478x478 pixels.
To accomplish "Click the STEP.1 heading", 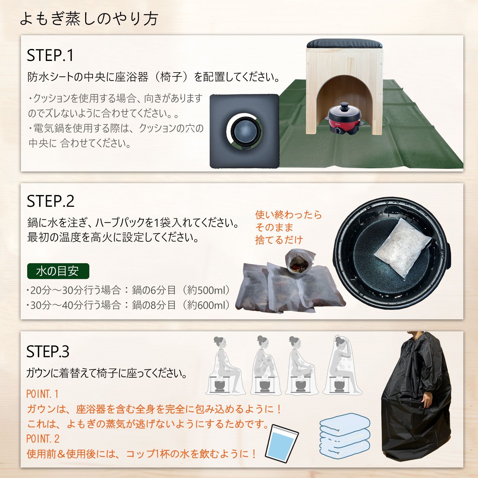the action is pos(50,55).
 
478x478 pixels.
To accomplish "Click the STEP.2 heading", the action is pos(50,201).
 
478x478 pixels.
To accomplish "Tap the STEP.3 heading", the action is pos(48,351).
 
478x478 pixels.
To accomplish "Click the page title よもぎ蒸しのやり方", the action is pos(89,19).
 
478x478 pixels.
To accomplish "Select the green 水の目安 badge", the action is pos(58,271).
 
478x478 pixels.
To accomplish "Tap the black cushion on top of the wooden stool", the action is pos(345,44).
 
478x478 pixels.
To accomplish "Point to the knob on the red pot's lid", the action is pos(345,105).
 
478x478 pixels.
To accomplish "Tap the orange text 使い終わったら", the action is pos(288,215).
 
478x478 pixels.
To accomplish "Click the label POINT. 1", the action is pos(42,394).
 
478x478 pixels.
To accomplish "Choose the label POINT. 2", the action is pos(43,439).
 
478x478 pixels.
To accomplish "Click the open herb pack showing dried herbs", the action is pos(298,262).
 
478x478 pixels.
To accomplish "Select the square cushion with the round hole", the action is pos(244,131).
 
